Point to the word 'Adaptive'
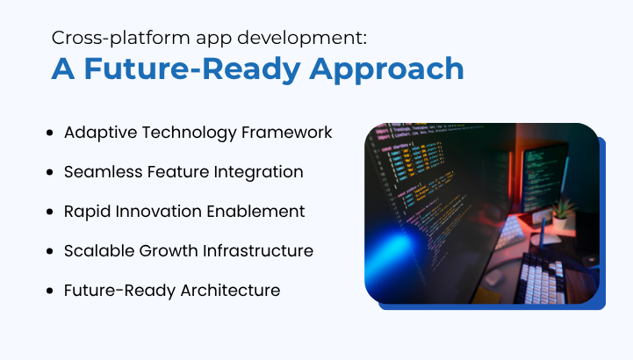pyautogui.click(x=97, y=133)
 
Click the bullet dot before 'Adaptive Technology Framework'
pyautogui.click(x=49, y=133)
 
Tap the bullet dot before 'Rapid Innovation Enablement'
pyautogui.click(x=49, y=212)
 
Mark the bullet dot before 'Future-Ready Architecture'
pyautogui.click(x=49, y=291)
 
